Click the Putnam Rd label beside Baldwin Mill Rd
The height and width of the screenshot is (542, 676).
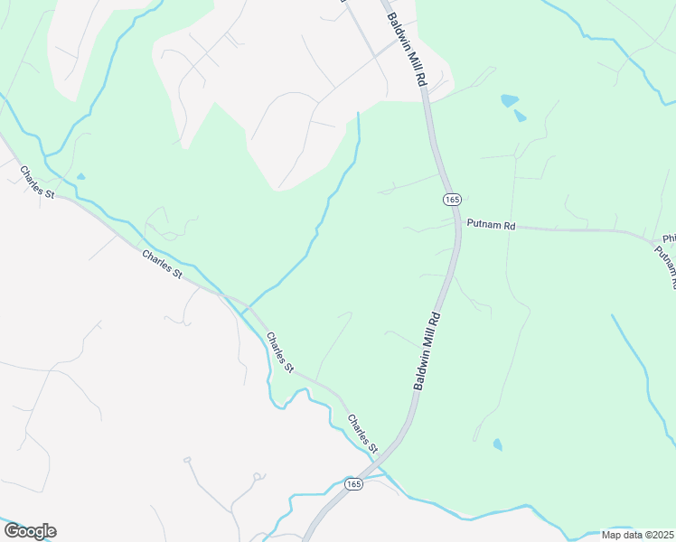[x=490, y=226]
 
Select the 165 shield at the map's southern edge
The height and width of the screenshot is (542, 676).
[x=353, y=485]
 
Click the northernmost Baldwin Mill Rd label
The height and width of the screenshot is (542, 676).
[x=406, y=50]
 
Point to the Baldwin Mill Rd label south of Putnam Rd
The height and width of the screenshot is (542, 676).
[x=427, y=350]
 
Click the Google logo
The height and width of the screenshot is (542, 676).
[x=30, y=531]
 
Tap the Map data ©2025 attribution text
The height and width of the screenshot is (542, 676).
[x=638, y=535]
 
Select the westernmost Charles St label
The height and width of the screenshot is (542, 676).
[x=37, y=182]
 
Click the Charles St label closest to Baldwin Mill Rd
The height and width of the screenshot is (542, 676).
[x=363, y=434]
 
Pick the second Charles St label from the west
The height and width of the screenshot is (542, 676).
[x=162, y=270]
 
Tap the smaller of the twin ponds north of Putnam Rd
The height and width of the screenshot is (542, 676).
[x=520, y=116]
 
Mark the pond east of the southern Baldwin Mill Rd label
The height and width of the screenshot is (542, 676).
[x=498, y=444]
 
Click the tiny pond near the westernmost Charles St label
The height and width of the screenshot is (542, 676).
[x=80, y=176]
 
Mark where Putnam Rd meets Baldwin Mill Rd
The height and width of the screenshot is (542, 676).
[x=457, y=224]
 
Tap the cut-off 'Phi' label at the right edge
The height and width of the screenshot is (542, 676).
[x=669, y=238]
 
